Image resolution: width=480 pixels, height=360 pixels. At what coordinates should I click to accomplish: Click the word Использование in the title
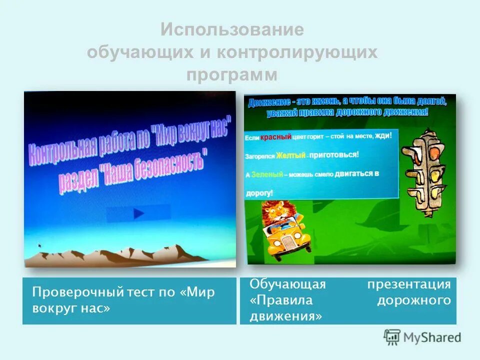tap(232, 30)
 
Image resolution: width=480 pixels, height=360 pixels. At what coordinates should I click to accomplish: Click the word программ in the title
tap(232, 75)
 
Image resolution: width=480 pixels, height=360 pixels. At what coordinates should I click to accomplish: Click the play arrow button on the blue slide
tap(138, 213)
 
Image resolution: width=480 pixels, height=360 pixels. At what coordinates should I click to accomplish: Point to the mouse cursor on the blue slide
tap(40, 245)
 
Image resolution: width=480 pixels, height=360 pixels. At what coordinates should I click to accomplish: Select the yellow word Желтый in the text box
tap(290, 155)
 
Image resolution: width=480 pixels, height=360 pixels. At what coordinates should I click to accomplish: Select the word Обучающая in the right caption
tap(287, 284)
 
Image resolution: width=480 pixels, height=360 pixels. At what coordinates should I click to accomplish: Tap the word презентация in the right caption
tap(409, 284)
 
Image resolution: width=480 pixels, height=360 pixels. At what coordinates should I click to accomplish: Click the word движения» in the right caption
tap(285, 316)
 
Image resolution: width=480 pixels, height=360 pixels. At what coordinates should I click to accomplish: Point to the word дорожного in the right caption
tap(413, 300)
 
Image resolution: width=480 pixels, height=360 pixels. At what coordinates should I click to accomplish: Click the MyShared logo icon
tap(392, 337)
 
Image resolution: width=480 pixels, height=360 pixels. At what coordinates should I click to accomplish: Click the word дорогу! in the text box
tap(259, 192)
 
